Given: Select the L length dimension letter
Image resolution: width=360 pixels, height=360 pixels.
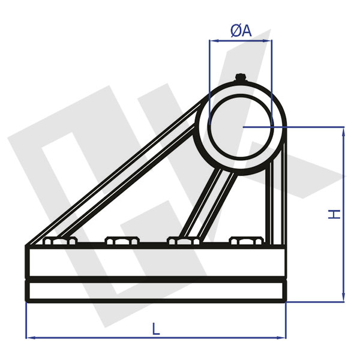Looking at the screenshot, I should click(x=156, y=328).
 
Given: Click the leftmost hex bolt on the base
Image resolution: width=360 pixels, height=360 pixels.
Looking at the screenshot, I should click(x=61, y=241).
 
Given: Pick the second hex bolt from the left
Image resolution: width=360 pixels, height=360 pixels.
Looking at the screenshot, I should click(x=122, y=241).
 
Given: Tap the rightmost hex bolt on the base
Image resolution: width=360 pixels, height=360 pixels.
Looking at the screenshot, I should click(x=246, y=241).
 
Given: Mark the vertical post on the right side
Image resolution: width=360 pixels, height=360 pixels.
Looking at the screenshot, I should click(x=274, y=198).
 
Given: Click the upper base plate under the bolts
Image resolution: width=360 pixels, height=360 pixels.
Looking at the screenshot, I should click(x=156, y=261).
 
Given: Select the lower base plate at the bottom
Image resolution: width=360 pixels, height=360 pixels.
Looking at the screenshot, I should click(x=156, y=291).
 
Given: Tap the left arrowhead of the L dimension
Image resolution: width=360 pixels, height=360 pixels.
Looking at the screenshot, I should click(x=29, y=337).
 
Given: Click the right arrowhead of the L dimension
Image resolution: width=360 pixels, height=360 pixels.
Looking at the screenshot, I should click(x=283, y=337).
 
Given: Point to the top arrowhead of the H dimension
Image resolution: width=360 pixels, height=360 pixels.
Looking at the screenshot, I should click(x=343, y=131).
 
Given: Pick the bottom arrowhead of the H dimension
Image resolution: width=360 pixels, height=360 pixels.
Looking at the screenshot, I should click(x=343, y=296).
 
